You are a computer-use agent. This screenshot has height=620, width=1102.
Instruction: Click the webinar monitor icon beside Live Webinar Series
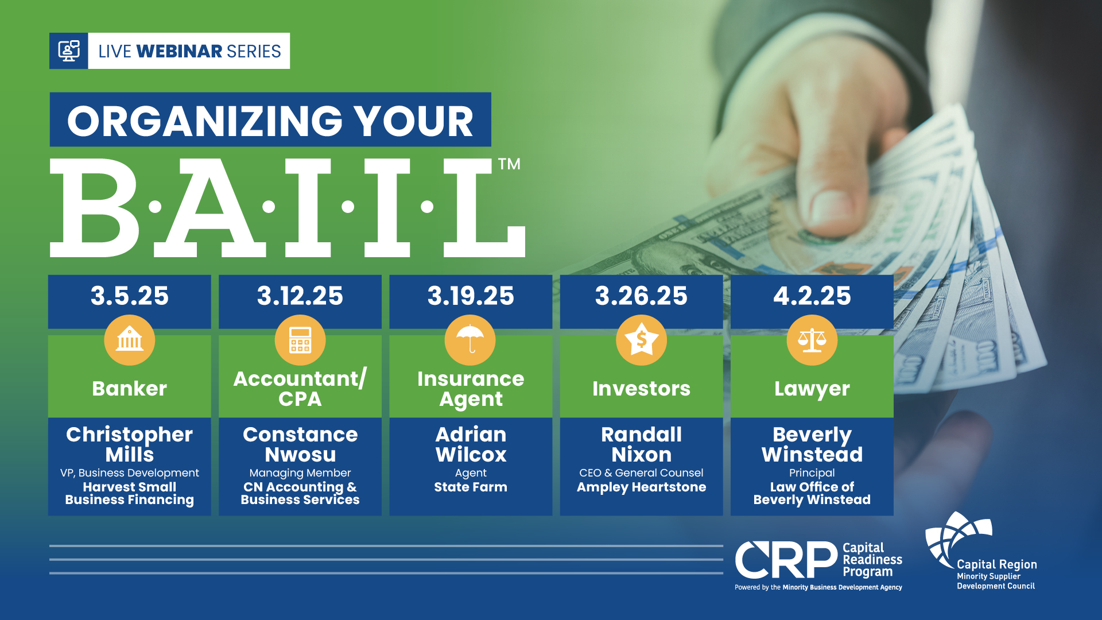68,51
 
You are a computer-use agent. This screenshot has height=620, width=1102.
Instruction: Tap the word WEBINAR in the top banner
180,51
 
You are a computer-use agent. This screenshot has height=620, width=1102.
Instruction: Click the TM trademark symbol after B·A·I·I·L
509,164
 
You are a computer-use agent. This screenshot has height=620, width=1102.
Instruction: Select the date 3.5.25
130,296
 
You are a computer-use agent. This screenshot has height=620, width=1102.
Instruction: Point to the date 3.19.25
471,296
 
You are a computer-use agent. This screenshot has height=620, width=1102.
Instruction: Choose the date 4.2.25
812,296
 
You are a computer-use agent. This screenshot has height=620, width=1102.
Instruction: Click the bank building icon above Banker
130,340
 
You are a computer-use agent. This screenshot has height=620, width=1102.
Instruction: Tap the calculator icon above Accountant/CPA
300,340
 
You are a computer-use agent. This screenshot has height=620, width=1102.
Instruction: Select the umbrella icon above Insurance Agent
471,340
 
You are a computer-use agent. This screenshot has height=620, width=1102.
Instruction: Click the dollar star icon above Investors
641,340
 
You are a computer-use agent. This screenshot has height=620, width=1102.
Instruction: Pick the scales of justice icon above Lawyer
812,340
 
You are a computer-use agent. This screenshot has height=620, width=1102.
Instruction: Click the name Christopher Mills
130,444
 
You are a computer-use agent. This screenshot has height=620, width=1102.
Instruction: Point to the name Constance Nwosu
300,444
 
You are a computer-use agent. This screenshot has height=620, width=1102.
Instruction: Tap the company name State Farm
471,487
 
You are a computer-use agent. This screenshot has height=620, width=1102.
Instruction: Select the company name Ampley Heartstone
641,487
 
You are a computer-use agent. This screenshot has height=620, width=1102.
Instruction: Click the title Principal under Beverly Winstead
812,473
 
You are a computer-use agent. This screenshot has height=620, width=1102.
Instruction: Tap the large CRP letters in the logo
786,560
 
